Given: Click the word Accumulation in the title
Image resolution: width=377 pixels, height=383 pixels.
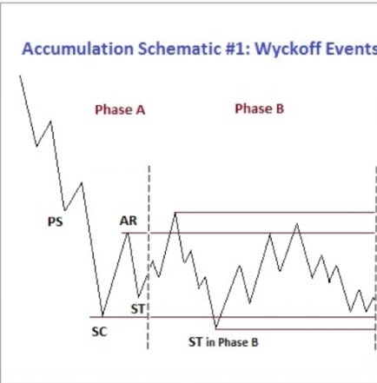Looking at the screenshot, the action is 78,49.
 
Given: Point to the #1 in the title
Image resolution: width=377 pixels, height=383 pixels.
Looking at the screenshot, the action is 237,49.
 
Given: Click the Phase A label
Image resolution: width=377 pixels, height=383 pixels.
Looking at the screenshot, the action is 120,109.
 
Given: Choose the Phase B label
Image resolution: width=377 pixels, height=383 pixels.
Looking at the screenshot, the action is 260,109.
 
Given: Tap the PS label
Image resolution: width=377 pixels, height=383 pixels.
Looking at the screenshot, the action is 55,222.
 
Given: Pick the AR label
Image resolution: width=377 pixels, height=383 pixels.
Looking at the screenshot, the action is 129,221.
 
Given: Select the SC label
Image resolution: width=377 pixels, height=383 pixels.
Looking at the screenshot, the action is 99,332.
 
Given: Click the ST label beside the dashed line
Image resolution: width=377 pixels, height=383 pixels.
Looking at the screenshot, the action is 137,309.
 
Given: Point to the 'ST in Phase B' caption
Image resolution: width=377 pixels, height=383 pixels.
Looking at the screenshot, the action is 223,342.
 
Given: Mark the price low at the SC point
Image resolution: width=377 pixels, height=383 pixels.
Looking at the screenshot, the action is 103,316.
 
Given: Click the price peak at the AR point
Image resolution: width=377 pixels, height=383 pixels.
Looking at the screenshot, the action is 128,233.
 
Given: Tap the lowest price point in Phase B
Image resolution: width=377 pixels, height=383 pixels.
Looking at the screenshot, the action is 216,328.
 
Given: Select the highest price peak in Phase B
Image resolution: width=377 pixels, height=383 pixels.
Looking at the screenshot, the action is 175,213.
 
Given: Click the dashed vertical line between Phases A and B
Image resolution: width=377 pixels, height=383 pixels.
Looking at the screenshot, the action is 149,257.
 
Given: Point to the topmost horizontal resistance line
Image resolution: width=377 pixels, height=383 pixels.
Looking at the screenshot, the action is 275,213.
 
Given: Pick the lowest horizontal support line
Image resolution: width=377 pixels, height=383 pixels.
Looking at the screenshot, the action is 295,329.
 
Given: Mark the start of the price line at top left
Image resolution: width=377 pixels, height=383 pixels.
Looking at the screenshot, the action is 20,76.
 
